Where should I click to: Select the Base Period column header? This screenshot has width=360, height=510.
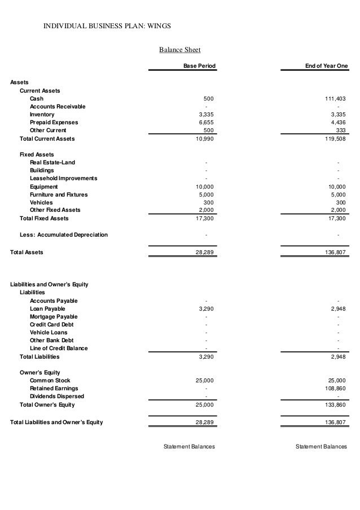(x=200, y=67)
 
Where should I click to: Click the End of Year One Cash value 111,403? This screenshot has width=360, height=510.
(x=336, y=99)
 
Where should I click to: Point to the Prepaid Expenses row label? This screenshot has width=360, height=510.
(x=54, y=122)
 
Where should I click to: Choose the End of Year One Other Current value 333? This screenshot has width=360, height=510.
(x=341, y=130)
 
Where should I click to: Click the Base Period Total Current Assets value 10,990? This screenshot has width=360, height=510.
(x=204, y=138)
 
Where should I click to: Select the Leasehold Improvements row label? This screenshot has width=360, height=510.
(x=63, y=178)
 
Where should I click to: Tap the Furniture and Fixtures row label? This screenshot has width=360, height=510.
(x=59, y=194)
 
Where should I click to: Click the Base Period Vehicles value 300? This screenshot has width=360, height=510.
(x=209, y=202)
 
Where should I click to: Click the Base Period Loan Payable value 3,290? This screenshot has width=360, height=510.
(x=205, y=309)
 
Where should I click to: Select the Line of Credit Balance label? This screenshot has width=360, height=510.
(x=59, y=348)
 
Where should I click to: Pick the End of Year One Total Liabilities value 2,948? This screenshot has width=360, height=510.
(x=338, y=357)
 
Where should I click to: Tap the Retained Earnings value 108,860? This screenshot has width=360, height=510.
(x=336, y=389)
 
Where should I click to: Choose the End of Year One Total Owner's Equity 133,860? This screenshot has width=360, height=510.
(x=336, y=405)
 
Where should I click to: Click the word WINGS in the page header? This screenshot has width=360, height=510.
(x=159, y=26)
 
